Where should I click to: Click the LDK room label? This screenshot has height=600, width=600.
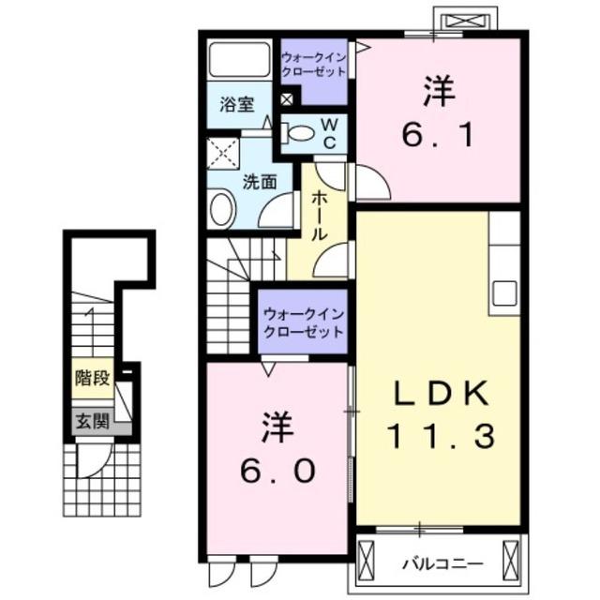pyautogui.click(x=438, y=395)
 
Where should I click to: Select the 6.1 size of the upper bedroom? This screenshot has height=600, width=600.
pyautogui.click(x=438, y=134)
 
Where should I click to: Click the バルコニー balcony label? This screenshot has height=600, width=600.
pyautogui.click(x=442, y=564)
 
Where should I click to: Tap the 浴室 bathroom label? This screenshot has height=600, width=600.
pyautogui.click(x=237, y=106)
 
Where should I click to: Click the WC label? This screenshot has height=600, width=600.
pyautogui.click(x=330, y=132)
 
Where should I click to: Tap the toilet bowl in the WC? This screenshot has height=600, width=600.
pyautogui.click(x=301, y=134)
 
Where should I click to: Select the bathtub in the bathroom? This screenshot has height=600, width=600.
pyautogui.click(x=238, y=60)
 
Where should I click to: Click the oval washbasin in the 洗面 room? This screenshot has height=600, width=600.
pyautogui.click(x=221, y=208)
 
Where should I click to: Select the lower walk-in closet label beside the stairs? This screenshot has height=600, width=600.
pyautogui.click(x=302, y=322)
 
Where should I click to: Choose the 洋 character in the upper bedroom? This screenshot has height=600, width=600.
pyautogui.click(x=438, y=93)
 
